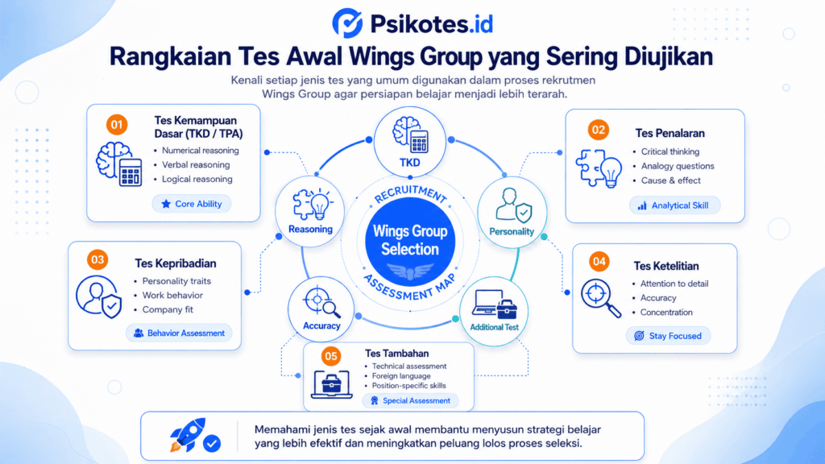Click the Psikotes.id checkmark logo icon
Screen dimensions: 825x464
click(347, 23)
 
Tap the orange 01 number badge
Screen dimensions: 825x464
click(117, 125)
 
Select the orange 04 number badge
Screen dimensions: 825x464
click(599, 262)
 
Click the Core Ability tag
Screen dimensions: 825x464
click(192, 204)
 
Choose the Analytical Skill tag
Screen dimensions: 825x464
click(674, 205)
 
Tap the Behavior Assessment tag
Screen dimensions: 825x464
click(179, 333)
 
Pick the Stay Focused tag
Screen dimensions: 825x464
click(668, 336)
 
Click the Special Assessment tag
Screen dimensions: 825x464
click(410, 400)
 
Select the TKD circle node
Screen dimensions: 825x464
click(410, 142)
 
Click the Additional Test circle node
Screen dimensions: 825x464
click(494, 312)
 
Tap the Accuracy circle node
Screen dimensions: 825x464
click(321, 309)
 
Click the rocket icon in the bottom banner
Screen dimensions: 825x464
click(188, 434)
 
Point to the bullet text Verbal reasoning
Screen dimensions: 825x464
click(196, 164)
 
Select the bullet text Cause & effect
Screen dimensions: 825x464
click(671, 180)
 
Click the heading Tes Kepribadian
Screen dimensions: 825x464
click(175, 263)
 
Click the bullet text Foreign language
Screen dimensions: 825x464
click(401, 375)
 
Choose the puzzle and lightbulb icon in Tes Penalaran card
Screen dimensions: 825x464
click(599, 168)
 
